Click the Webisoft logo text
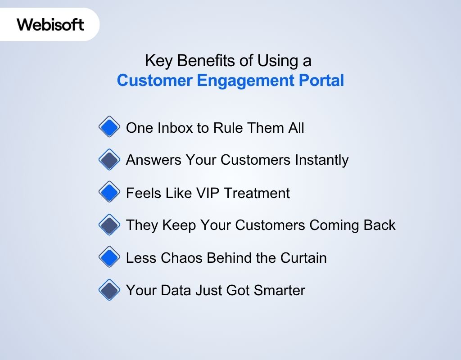point(50,24)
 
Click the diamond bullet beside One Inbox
point(109,127)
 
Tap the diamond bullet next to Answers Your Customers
point(109,160)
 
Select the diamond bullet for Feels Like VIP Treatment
point(109,193)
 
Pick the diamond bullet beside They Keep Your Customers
point(109,225)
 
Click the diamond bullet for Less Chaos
point(109,257)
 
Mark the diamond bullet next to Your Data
point(109,290)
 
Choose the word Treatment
point(257,193)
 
